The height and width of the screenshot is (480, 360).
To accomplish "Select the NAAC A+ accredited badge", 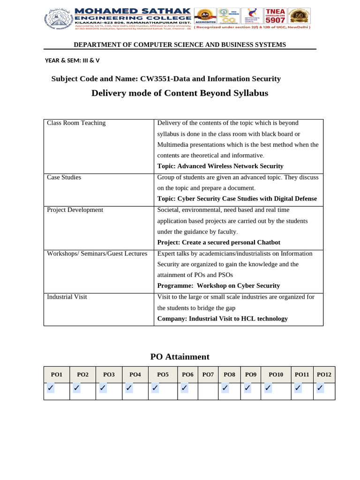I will pyautogui.click(x=205, y=16).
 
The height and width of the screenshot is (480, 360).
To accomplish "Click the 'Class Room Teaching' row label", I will pyautogui.click(x=76, y=123).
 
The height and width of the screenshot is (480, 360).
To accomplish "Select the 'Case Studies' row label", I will pyautogui.click(x=64, y=177).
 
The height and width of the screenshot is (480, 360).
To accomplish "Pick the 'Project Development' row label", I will pyautogui.click(x=75, y=210).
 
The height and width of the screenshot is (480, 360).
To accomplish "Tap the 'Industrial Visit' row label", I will pyautogui.click(x=67, y=297).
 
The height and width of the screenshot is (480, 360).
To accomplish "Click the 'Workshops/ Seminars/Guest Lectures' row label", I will pyautogui.click(x=97, y=254).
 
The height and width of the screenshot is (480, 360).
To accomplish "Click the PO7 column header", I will pyautogui.click(x=208, y=375).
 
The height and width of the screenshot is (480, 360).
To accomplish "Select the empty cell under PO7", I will pyautogui.click(x=208, y=391).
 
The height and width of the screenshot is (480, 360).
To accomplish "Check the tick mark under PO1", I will pyautogui.click(x=50, y=388).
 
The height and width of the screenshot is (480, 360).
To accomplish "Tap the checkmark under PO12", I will pyautogui.click(x=320, y=388).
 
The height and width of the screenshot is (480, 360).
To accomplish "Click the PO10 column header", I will pyautogui.click(x=276, y=375).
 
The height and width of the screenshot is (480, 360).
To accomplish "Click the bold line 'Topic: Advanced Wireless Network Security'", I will pyautogui.click(x=220, y=166).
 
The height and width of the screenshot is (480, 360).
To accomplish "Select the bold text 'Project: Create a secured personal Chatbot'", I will pyautogui.click(x=218, y=242).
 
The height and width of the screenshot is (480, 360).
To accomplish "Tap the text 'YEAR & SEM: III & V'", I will pyautogui.click(x=72, y=60).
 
